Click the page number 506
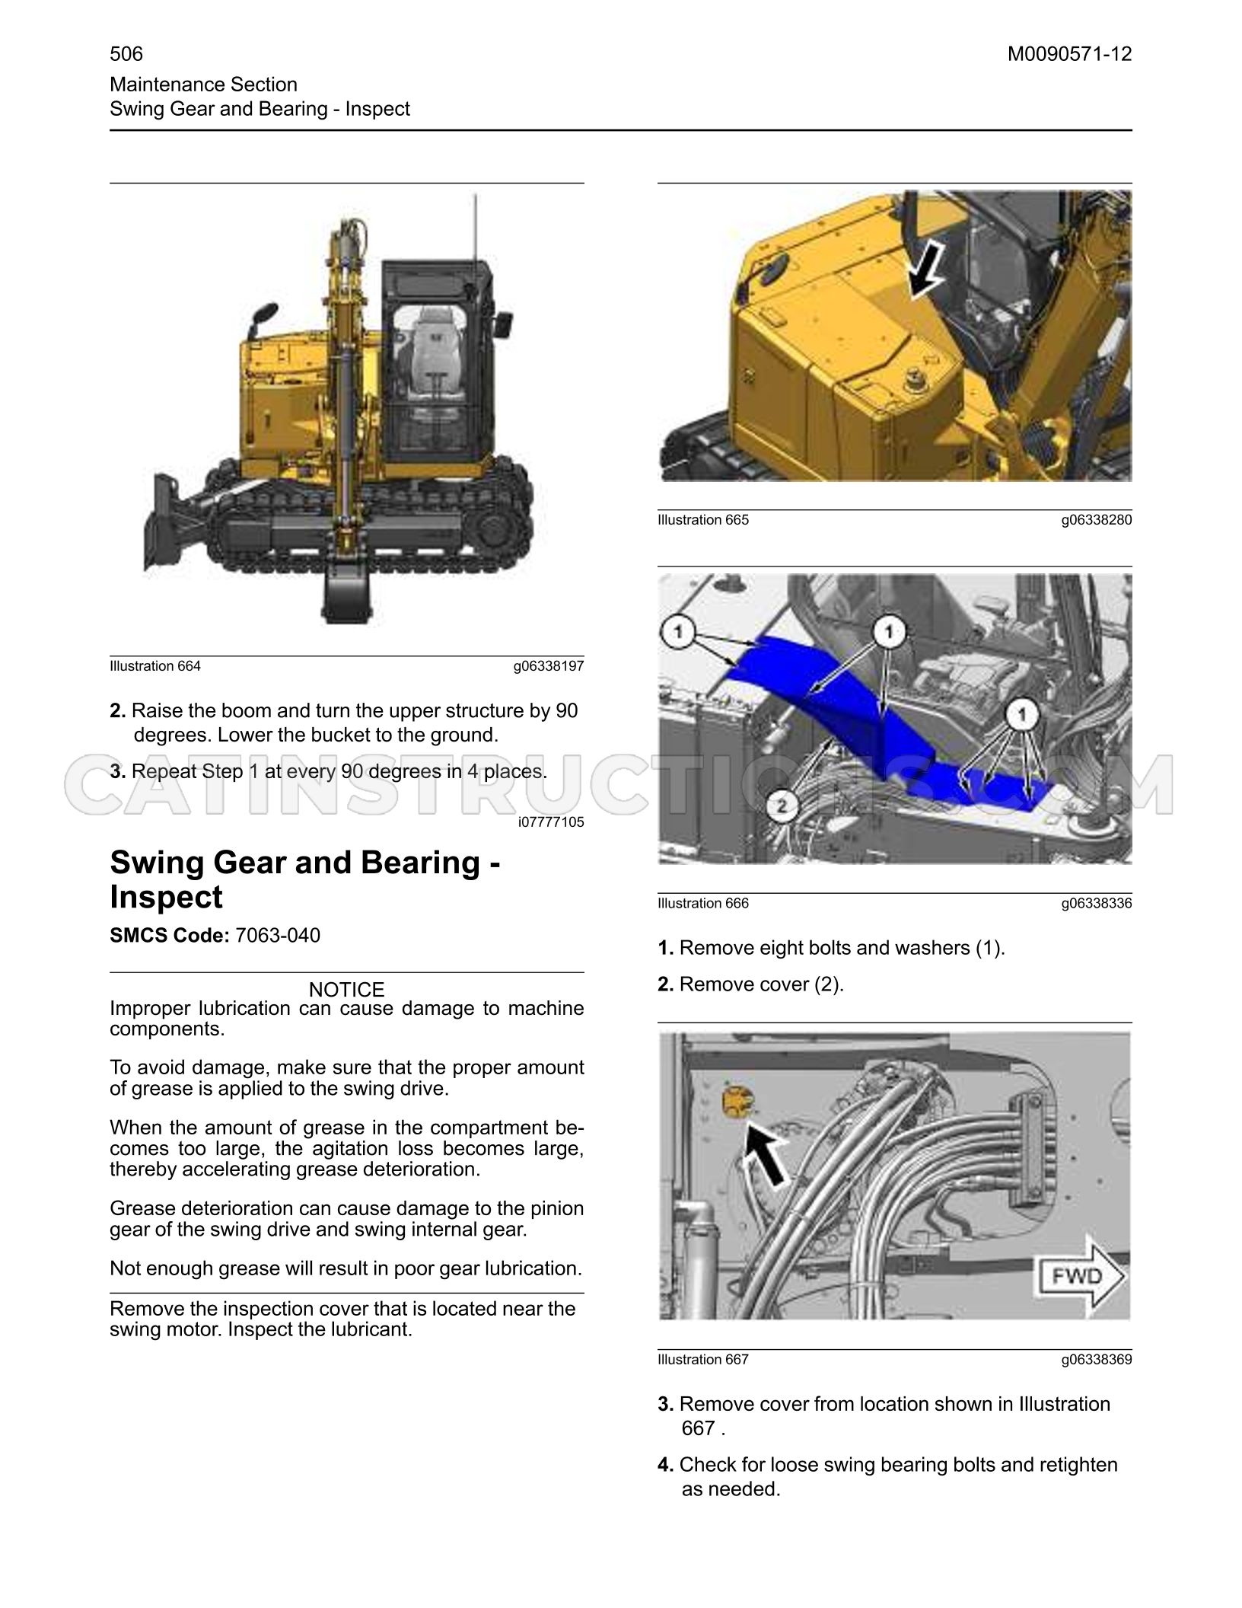tap(126, 53)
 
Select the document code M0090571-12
tap(1069, 54)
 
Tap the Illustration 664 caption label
tap(155, 666)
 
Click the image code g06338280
tap(1097, 520)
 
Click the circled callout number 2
tap(787, 805)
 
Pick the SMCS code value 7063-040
tap(278, 935)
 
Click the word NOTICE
tap(346, 989)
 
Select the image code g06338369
tap(1097, 1360)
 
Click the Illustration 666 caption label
tap(703, 904)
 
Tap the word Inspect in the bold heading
tap(167, 897)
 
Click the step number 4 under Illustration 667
tap(665, 1465)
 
